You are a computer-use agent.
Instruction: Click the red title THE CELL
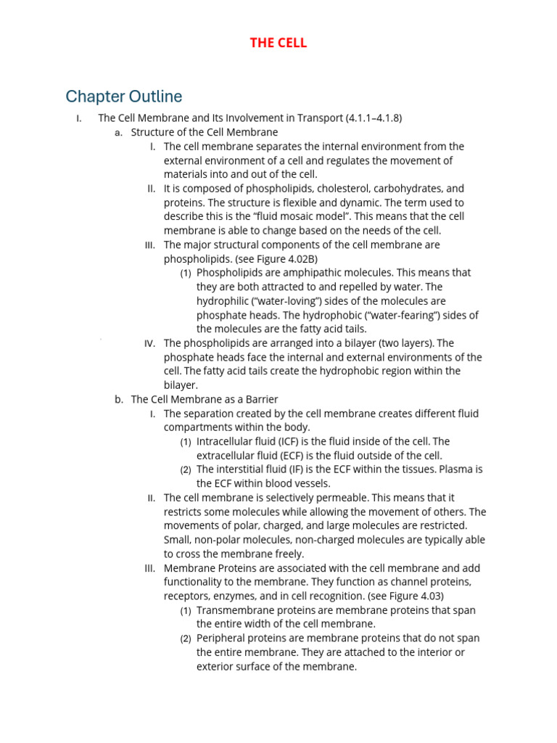[278, 43]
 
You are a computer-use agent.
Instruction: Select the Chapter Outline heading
[123, 97]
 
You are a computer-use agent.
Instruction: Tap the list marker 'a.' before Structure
[119, 132]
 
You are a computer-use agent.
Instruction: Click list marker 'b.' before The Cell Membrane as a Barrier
[119, 399]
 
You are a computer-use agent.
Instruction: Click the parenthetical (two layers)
[403, 343]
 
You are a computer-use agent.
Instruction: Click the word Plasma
[454, 469]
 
